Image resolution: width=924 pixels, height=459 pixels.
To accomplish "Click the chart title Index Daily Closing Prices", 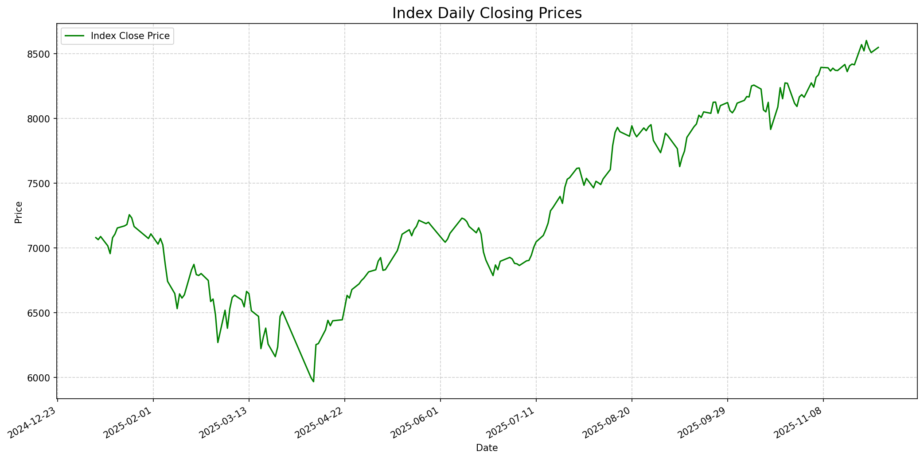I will point(487,13).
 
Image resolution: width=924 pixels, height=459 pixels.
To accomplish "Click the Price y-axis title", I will point(19,212).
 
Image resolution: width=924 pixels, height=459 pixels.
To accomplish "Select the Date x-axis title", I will point(487,448).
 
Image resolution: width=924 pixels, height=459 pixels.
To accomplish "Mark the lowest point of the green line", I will point(313,381).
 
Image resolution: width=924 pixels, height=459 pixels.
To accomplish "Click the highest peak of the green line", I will point(866,40).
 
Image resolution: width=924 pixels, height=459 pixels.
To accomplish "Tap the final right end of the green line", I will point(878,47).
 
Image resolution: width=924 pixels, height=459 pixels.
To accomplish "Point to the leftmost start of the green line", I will point(96,237).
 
